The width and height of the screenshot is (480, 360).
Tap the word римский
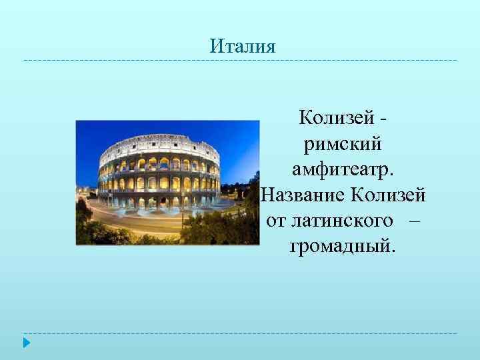343,143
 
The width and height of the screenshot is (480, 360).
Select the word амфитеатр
343,169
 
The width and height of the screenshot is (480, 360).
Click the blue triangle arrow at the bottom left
27,343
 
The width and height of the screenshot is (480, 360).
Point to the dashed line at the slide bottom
240,333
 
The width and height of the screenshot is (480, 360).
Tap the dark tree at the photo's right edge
249,200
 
